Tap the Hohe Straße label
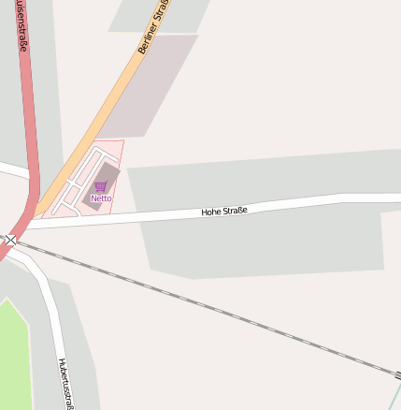224,212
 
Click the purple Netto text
101,198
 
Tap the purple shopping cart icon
101,186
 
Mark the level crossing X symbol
10,241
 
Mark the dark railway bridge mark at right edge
397,374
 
